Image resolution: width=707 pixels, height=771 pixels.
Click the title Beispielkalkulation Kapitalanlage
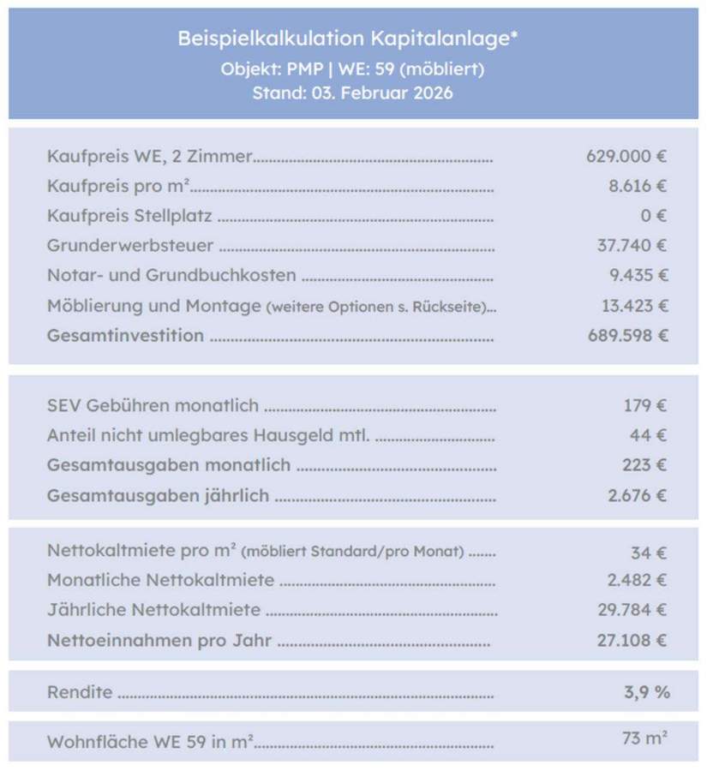348,39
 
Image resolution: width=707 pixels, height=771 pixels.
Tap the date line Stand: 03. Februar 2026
352,93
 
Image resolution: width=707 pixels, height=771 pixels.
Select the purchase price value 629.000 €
626,156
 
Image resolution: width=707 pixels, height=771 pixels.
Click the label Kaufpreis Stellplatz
129,216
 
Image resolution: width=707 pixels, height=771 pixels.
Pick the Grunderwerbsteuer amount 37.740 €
632,246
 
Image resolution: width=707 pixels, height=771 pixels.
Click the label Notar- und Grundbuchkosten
171,276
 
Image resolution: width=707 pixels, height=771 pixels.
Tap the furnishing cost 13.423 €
634,306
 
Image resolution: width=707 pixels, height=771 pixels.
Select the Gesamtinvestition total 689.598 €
627,335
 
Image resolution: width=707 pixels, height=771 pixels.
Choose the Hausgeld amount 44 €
649,435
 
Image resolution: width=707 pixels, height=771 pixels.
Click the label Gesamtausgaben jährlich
159,495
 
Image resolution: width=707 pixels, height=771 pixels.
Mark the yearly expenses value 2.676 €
638,495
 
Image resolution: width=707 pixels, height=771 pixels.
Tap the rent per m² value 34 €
649,552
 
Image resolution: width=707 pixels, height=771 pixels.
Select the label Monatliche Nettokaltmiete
161,581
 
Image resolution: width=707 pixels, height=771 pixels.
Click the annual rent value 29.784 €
632,610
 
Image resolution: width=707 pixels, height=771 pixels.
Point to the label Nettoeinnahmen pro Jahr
159,640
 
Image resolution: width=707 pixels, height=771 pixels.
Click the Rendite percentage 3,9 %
647,692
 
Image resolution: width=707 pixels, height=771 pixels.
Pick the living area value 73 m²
645,738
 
